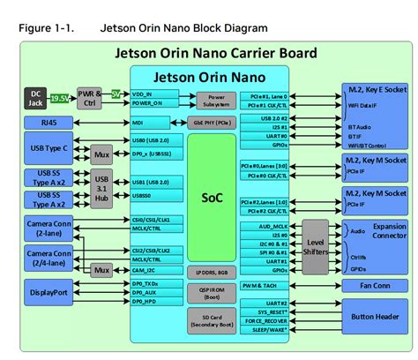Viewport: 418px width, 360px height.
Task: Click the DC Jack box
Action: click(36, 96)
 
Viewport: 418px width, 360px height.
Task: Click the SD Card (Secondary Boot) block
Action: click(211, 321)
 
